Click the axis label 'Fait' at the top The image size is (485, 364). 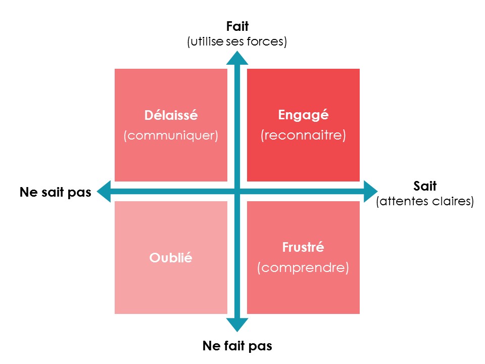(x=237, y=26)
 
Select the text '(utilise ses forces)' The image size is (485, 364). (x=237, y=41)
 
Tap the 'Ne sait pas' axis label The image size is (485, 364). (x=56, y=192)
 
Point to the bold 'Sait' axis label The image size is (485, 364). (x=424, y=186)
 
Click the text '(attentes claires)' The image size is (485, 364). (x=425, y=201)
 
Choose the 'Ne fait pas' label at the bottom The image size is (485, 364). (x=237, y=346)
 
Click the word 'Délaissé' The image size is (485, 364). (x=171, y=116)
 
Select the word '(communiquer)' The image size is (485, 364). (x=171, y=135)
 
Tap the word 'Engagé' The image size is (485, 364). (x=303, y=115)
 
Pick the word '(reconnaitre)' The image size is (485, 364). (x=303, y=135)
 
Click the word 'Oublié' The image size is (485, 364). (x=171, y=257)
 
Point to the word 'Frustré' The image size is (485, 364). (x=303, y=248)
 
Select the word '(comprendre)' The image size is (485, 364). (x=303, y=267)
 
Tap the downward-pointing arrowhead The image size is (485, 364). (x=237, y=325)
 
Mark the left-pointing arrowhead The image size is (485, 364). (x=104, y=192)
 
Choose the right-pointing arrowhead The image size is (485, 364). (x=370, y=192)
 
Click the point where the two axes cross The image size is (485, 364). (x=237, y=192)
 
